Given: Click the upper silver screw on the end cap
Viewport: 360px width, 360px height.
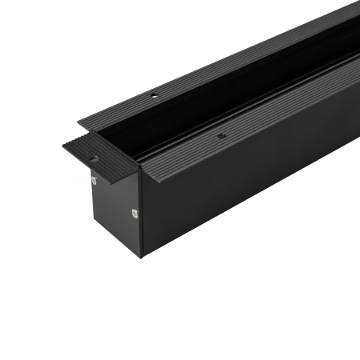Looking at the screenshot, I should [x=94, y=180].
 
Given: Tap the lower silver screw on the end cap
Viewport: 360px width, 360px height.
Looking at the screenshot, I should [x=134, y=212].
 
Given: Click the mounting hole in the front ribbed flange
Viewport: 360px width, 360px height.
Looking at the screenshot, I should [x=221, y=137].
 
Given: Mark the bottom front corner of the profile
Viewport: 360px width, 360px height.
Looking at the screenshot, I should [x=142, y=257].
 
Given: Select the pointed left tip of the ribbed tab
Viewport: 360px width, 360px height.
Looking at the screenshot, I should [x=64, y=146].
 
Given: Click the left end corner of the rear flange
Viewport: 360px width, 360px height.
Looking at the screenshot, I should [x=79, y=122].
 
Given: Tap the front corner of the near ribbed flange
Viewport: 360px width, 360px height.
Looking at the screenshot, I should [x=138, y=170].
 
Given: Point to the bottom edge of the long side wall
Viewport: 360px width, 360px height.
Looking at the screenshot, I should [x=256, y=210].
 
